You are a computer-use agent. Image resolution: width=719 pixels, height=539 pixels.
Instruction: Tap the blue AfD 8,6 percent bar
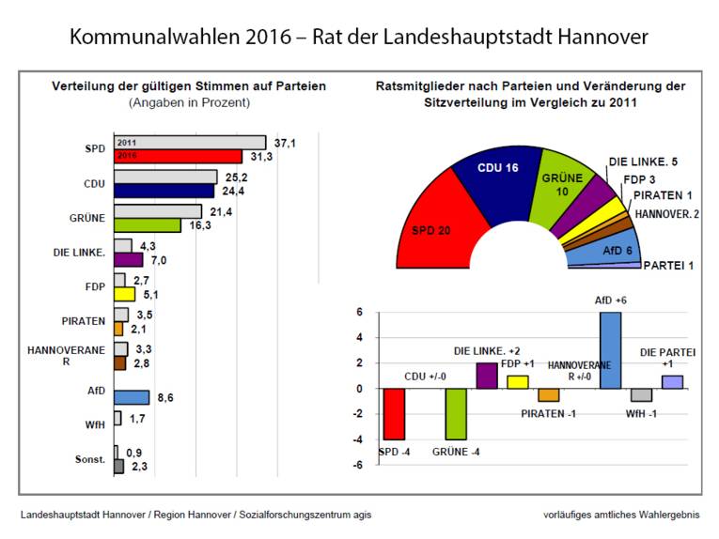(x=132, y=397)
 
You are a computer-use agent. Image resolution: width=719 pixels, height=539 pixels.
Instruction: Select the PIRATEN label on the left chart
(x=84, y=320)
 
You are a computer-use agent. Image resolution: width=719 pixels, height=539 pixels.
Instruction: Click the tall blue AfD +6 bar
(x=611, y=349)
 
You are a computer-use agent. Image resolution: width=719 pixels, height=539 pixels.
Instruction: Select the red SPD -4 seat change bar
(x=394, y=414)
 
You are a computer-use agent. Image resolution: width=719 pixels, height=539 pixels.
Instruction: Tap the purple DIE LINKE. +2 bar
(x=487, y=375)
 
